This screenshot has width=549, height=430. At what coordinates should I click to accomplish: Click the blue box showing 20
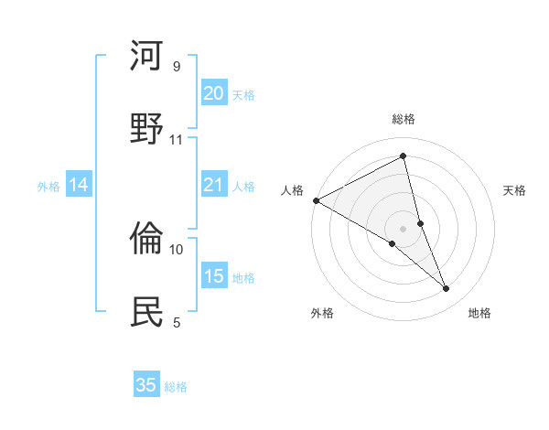[x=213, y=93]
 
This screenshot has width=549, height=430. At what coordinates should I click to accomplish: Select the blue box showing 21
[x=213, y=186]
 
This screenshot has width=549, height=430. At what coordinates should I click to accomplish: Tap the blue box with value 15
[x=213, y=276]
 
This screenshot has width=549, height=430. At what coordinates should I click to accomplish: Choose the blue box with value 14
[x=79, y=186]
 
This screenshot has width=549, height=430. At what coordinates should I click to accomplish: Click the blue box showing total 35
[x=146, y=385]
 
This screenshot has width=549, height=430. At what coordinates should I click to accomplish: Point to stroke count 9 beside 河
[x=177, y=67]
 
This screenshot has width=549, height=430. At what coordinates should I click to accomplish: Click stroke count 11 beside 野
[x=177, y=139]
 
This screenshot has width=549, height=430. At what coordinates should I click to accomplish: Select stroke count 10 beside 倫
[x=177, y=249]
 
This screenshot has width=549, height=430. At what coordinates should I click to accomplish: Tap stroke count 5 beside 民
[x=177, y=322]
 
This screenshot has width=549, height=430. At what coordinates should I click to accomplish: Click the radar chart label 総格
[x=404, y=120]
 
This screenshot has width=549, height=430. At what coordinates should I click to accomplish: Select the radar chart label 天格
[x=514, y=190]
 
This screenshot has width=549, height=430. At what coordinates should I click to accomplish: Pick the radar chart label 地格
[x=479, y=314]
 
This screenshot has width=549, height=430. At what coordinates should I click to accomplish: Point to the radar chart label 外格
[x=322, y=314]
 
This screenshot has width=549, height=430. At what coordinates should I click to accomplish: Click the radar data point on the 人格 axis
[x=316, y=200]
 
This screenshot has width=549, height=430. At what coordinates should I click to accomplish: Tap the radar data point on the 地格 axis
[x=447, y=288]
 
